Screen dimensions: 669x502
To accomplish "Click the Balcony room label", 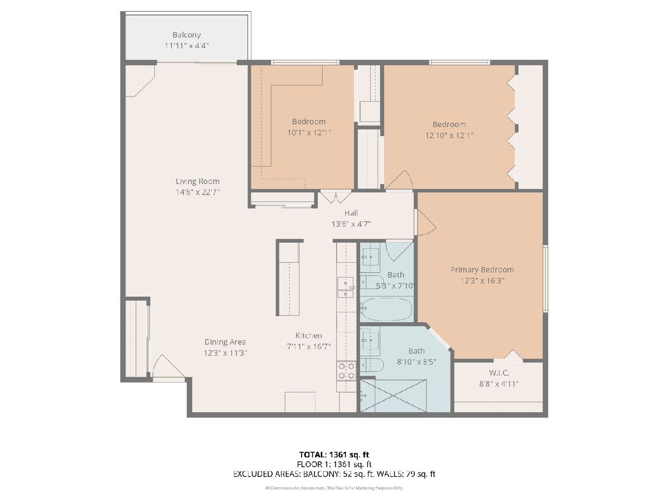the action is pos(187,35).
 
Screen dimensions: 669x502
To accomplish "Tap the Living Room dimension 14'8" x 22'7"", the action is pos(197,192).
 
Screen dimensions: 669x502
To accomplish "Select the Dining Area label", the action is pos(225,342).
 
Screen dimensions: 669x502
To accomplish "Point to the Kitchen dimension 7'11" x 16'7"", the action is pos(309,346).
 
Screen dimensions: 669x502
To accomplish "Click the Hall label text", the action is pos(351,213).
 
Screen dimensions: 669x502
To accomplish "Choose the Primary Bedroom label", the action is pos(482,269).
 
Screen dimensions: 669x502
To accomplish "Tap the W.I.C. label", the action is pos(499,373).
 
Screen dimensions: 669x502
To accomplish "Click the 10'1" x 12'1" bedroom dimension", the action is pos(309,133).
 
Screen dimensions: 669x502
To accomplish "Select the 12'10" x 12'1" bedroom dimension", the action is pos(449,135).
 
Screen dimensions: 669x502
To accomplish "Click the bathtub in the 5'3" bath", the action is pos(386,309).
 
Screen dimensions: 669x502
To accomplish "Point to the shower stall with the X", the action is pos(393,395).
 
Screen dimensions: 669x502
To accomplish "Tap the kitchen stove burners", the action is pos(347,370).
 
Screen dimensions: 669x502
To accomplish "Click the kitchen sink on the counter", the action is pos(345,287).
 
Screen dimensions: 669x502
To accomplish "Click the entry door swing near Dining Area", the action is pos(168,366).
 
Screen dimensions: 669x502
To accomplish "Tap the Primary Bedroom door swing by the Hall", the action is pos(426,222).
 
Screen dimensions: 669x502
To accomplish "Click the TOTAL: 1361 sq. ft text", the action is pos(334,455).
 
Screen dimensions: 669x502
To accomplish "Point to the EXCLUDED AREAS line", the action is pos(334,474).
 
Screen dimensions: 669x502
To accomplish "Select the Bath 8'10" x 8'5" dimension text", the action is pos(416,362).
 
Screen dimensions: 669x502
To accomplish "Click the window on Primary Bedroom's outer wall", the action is pos(546,278).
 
